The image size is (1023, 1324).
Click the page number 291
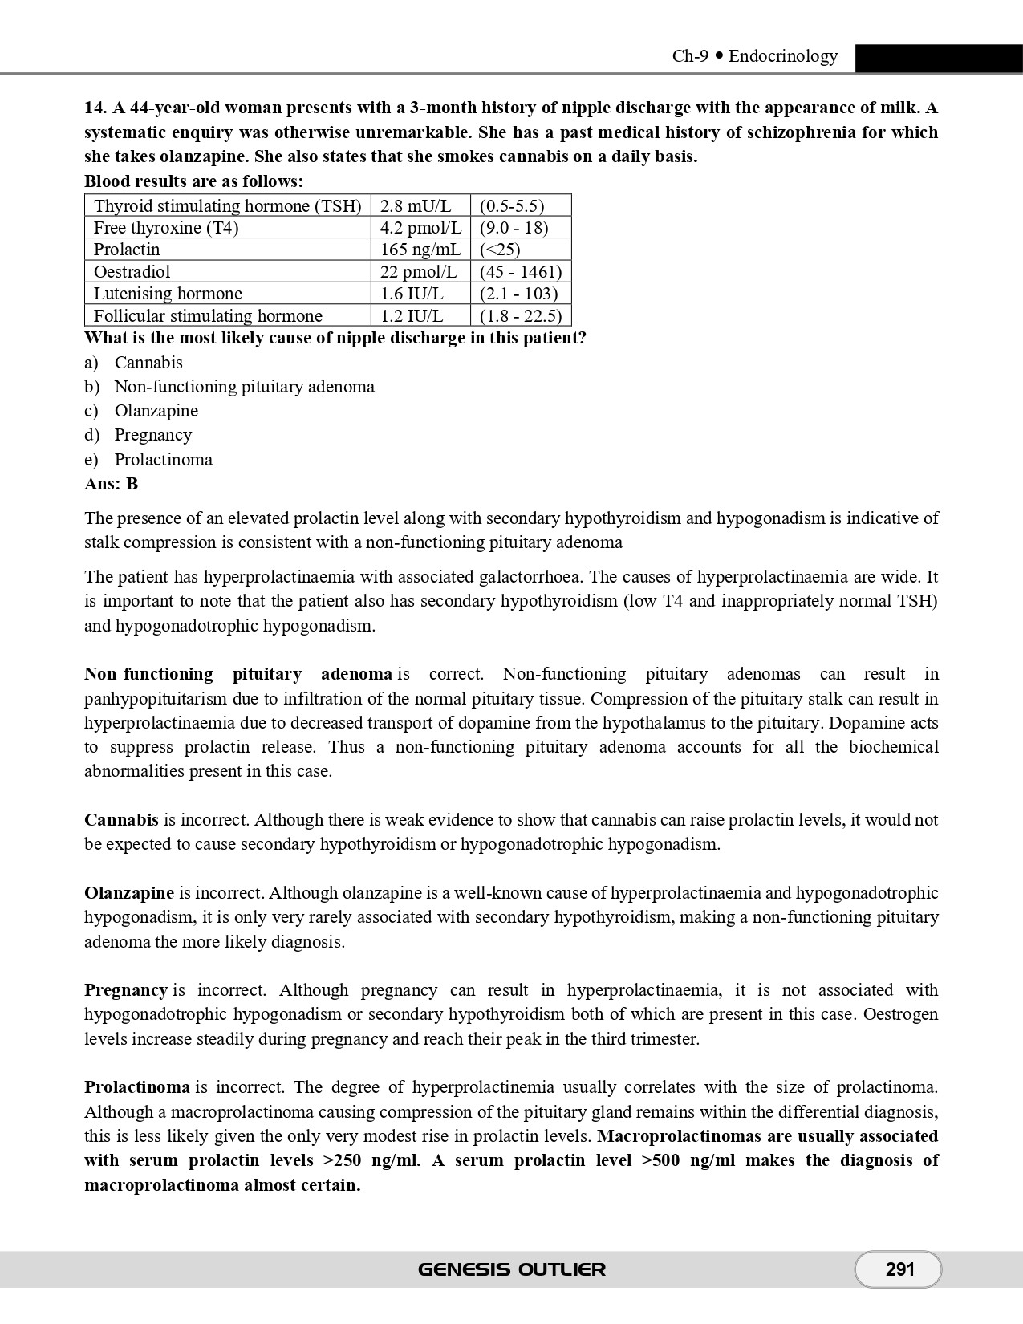pos(899,1269)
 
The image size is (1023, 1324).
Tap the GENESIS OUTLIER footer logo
pos(512,1269)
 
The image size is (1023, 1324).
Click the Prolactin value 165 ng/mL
pos(420,250)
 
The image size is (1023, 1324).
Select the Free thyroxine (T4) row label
pos(166,228)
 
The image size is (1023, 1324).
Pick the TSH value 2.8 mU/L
pos(416,206)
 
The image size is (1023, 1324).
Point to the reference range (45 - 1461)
pos(520,272)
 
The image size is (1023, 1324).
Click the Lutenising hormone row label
pos(168,294)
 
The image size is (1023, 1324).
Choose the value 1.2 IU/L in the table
pos(412,316)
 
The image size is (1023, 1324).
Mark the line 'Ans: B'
pos(111,484)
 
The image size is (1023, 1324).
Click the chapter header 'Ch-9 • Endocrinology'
pos(754,56)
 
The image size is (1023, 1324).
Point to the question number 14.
pos(95,108)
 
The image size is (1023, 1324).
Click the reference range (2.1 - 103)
pos(518,294)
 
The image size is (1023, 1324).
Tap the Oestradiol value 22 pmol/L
pos(418,272)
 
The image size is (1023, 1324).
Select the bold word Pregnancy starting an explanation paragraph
pos(125,990)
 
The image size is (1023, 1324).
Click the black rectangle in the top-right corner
pos(939,59)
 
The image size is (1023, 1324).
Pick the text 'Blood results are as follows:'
pos(193,181)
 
